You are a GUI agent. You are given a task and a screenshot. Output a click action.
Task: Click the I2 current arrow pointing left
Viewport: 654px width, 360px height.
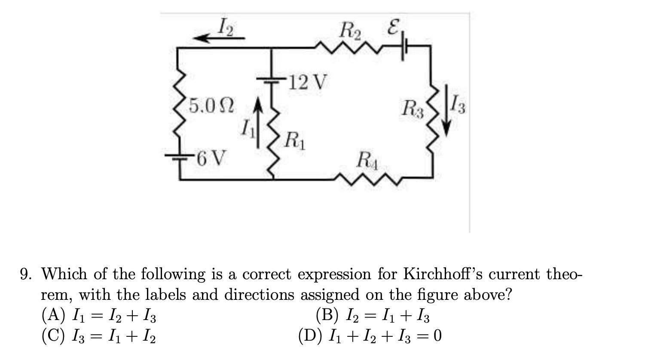(x=219, y=38)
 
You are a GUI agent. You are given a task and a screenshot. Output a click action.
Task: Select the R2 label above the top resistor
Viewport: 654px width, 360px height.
(x=351, y=31)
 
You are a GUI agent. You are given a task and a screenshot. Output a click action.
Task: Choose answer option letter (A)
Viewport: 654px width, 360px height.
(x=53, y=316)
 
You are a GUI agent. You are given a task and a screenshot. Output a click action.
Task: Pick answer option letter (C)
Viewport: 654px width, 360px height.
(x=53, y=336)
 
